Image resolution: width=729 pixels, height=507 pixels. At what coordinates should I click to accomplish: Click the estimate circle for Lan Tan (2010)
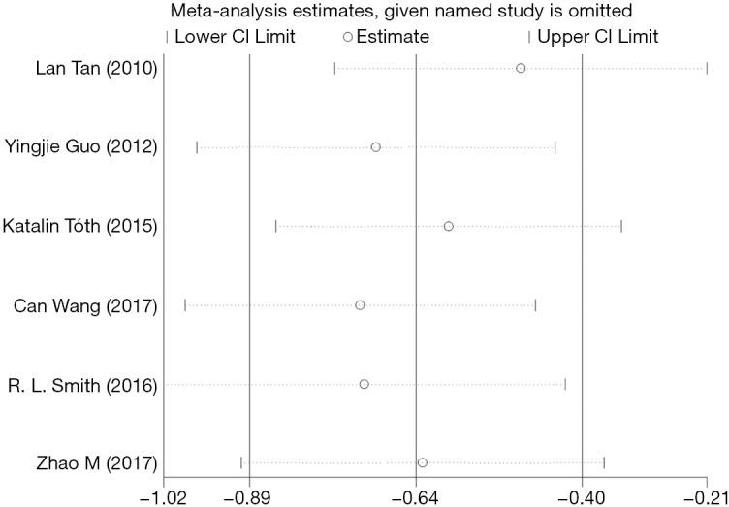click(521, 68)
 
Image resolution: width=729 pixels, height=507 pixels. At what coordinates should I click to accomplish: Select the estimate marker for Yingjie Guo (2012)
click(375, 146)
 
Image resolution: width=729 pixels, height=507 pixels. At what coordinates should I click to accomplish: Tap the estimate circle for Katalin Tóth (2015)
click(448, 226)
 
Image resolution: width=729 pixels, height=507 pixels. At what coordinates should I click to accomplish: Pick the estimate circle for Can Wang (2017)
click(360, 305)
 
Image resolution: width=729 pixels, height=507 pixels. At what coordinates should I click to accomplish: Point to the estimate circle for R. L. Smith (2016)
click(364, 384)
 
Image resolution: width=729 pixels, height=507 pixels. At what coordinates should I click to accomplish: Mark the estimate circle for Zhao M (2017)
click(422, 462)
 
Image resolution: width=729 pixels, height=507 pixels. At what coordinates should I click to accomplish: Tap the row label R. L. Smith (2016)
click(88, 384)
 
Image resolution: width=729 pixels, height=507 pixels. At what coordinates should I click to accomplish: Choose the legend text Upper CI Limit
click(597, 37)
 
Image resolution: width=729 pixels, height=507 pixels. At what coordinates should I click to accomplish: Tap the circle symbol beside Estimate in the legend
click(347, 37)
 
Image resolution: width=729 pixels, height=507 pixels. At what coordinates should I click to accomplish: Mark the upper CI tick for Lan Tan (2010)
click(707, 68)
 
